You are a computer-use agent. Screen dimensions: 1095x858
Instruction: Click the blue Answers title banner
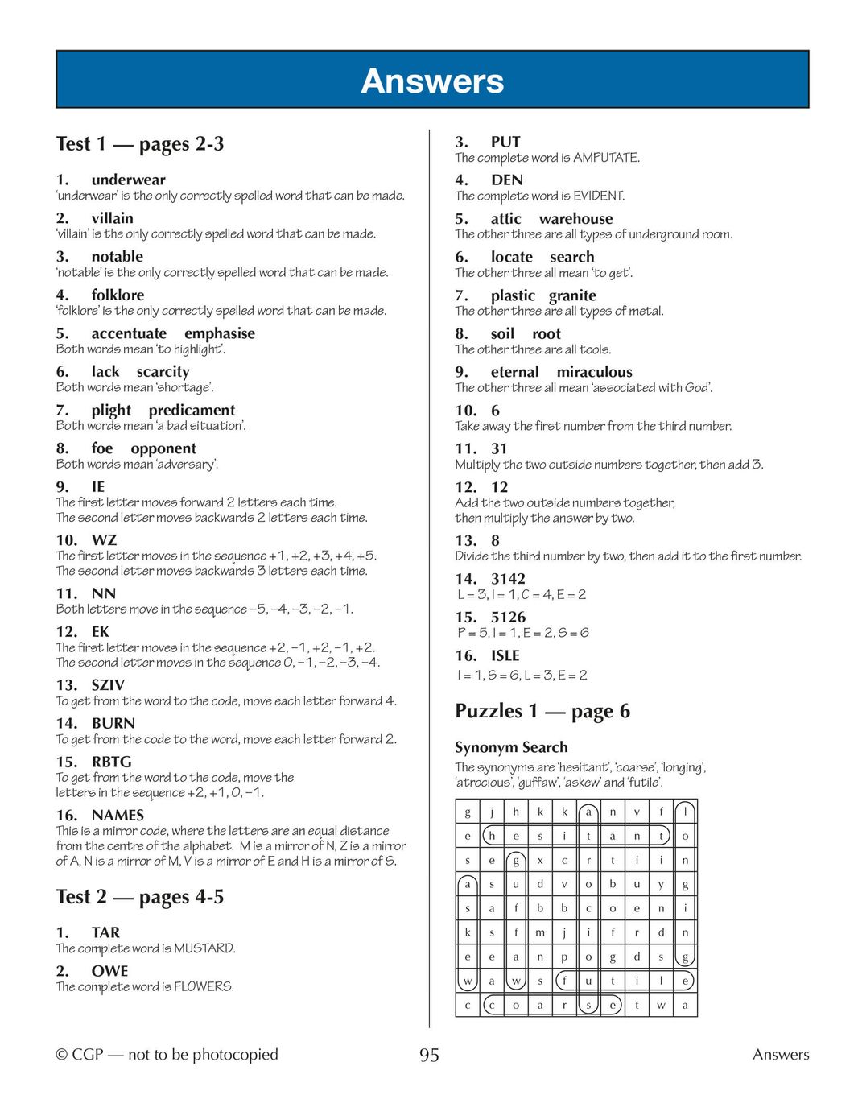[x=432, y=80]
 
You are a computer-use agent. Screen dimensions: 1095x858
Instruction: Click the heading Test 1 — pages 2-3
[x=140, y=144]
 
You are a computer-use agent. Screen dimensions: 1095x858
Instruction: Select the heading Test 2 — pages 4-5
[x=140, y=897]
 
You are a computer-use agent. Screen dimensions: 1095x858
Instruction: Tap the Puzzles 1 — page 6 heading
[x=542, y=711]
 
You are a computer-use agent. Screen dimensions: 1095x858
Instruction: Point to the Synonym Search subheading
[x=511, y=747]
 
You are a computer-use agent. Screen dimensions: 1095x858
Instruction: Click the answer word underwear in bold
[x=128, y=180]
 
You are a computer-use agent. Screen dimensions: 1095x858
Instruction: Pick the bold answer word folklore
[x=118, y=295]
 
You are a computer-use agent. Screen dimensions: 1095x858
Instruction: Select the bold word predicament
[x=192, y=410]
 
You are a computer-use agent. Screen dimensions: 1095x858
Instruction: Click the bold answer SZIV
[x=108, y=685]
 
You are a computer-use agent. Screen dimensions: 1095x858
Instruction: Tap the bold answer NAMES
[x=118, y=815]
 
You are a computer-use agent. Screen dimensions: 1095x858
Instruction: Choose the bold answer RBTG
[x=111, y=762]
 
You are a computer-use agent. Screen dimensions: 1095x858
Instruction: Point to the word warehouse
[x=575, y=219]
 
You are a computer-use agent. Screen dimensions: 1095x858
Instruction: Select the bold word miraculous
[x=594, y=372]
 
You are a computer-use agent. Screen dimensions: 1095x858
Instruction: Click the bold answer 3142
[x=508, y=579]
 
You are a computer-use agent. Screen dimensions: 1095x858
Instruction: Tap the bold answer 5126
[x=508, y=617]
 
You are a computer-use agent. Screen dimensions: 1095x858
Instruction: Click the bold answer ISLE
[x=505, y=655]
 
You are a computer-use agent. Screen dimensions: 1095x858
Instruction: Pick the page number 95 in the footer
[x=429, y=1055]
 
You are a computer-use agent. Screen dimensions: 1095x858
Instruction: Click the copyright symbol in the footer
[x=61, y=1055]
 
